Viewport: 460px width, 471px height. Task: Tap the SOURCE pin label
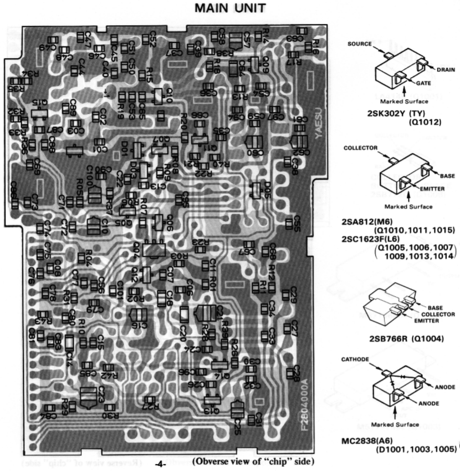click(359, 44)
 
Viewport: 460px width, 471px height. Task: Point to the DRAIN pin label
click(445, 70)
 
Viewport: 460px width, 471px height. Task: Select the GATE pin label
click(423, 83)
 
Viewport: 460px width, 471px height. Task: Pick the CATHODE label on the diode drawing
click(355, 359)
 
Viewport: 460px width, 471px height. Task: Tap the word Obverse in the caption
click(208, 462)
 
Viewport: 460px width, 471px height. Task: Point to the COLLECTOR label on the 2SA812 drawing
click(360, 148)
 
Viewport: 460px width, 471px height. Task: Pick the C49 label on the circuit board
click(49, 47)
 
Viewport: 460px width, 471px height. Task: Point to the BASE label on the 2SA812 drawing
click(447, 175)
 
